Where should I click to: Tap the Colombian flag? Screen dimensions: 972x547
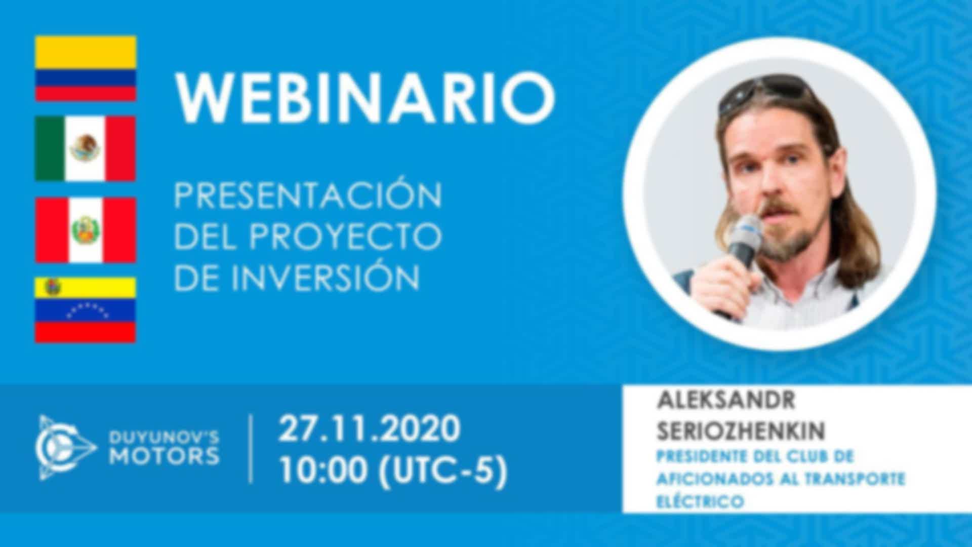pyautogui.click(x=86, y=68)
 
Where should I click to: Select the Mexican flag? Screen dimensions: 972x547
pyautogui.click(x=86, y=148)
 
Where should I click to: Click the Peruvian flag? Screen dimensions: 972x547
pyautogui.click(x=86, y=230)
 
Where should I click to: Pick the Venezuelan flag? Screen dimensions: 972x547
pyautogui.click(x=86, y=309)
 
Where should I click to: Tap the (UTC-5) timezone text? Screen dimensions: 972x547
pyautogui.click(x=443, y=472)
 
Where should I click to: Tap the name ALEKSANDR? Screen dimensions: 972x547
pyautogui.click(x=726, y=401)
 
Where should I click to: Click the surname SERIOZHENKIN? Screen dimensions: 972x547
pyautogui.click(x=741, y=431)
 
